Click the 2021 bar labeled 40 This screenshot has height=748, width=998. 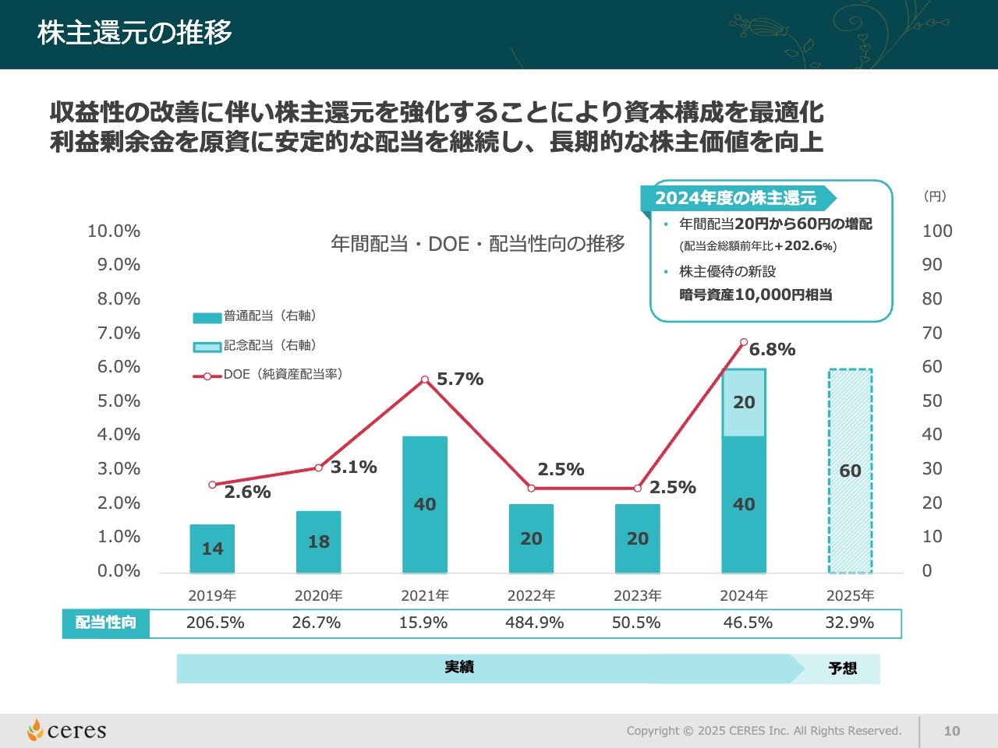point(425,504)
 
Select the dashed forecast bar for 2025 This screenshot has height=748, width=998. point(850,471)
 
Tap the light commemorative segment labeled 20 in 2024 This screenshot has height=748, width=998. point(744,402)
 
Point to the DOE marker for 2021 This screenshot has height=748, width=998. point(425,379)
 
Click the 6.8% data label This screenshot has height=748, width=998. point(772,350)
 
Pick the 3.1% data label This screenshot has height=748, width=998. point(354,467)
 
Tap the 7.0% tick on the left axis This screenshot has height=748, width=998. point(119,333)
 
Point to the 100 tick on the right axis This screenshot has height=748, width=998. point(936,231)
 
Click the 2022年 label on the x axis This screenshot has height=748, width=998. point(531,596)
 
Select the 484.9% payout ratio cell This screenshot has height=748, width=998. point(534,623)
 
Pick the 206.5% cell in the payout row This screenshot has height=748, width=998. point(215,623)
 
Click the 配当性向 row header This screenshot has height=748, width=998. point(106,623)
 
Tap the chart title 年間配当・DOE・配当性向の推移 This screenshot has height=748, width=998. point(477,244)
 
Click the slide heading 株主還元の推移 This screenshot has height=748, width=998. point(135,33)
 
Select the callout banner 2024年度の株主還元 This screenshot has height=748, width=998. point(735,198)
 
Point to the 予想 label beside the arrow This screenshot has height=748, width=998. point(842,669)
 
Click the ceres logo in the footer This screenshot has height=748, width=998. point(67,730)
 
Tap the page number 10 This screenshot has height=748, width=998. point(951,731)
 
